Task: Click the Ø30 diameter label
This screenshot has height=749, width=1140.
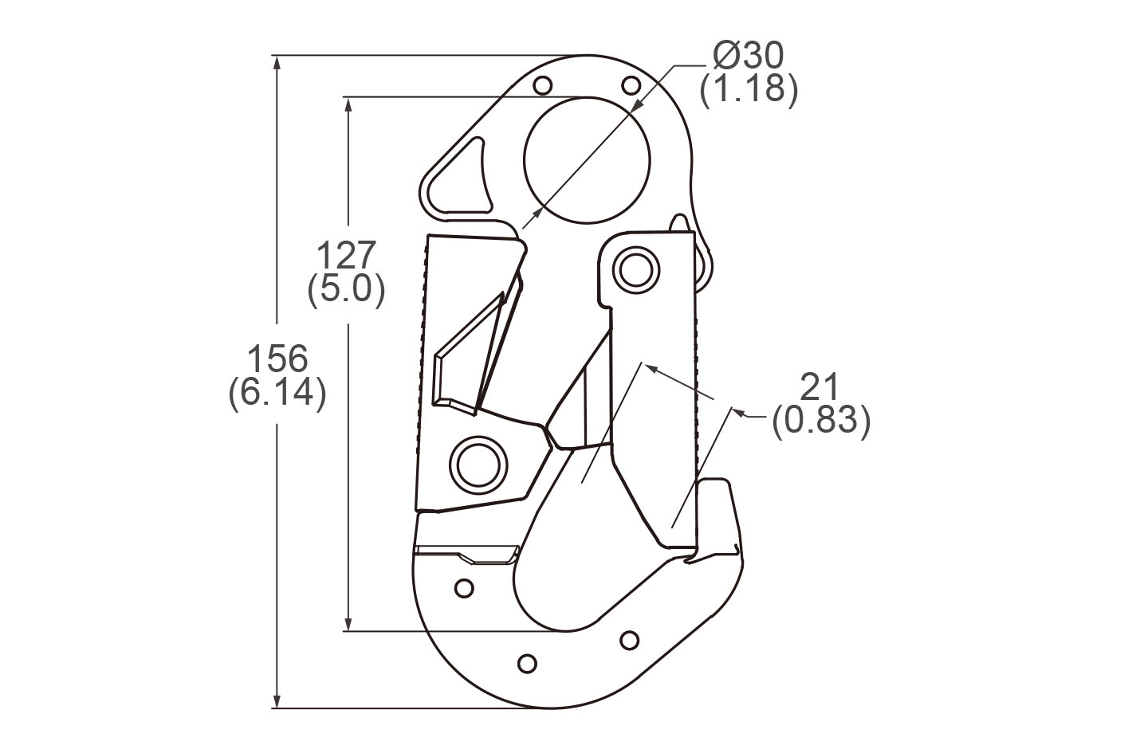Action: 748,56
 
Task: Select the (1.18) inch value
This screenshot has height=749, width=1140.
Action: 748,88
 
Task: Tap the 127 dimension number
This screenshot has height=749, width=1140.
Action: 346,256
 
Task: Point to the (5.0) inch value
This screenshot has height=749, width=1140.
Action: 346,289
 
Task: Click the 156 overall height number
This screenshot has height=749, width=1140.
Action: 277,359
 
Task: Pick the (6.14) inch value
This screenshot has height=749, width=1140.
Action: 277,394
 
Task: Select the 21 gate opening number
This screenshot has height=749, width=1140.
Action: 820,387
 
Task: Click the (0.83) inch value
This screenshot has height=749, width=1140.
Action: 820,420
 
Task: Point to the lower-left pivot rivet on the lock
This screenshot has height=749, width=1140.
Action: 478,461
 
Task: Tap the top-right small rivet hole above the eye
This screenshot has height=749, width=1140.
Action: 630,84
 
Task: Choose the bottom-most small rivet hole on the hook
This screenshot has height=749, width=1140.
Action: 527,663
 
